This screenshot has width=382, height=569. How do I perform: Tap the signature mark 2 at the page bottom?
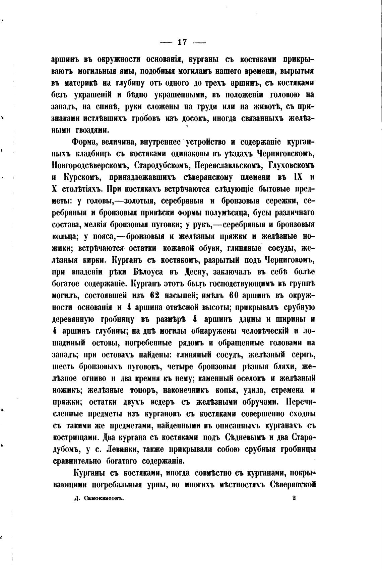(x=294, y=498)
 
